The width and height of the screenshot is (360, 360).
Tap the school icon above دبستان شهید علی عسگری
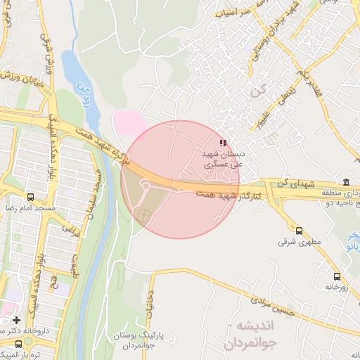point(223,143)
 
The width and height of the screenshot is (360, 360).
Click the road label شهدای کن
point(295,184)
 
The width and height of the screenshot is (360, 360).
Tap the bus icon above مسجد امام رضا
point(30,198)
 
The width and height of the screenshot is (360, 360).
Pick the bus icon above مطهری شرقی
point(299,231)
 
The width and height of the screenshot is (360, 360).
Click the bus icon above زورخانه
point(337,276)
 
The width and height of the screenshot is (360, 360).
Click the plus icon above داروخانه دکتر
point(16,320)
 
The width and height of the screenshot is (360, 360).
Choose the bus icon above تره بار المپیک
point(18,343)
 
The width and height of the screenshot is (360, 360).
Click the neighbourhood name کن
point(262,91)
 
